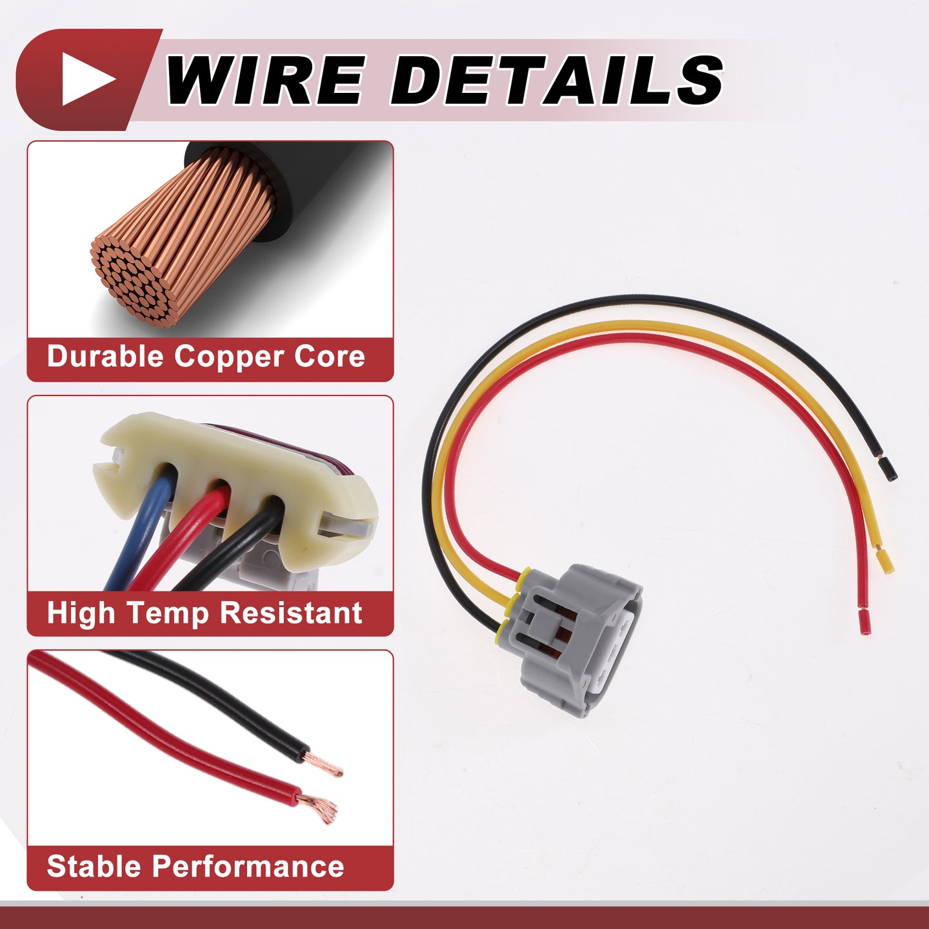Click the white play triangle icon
pos(85,79)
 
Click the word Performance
pos(248,866)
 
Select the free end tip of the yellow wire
pos(884,562)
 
